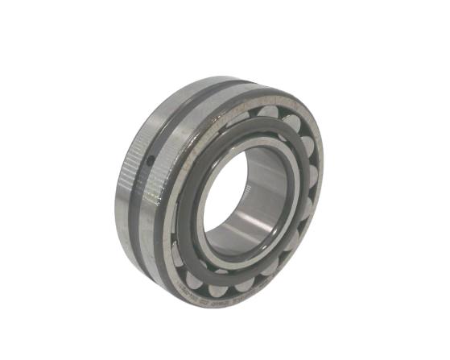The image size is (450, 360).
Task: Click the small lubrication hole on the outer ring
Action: [150, 160]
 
